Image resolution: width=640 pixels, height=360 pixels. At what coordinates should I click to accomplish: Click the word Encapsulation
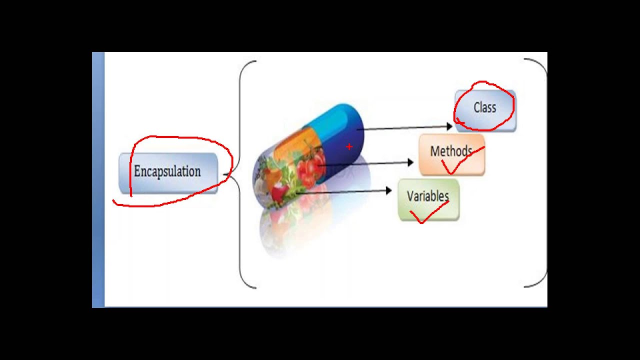coord(167,171)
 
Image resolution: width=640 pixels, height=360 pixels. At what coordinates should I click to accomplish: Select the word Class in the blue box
coord(484,107)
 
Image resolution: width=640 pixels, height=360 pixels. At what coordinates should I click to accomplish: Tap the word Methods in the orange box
coord(450,151)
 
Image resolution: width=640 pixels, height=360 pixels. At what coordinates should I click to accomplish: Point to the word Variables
coord(427,196)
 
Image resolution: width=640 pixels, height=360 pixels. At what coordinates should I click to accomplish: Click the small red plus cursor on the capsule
coord(349,147)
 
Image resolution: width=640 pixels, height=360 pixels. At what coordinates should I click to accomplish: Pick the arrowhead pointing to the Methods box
coord(410,162)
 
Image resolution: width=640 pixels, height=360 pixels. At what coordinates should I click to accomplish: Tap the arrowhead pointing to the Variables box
coord(388,190)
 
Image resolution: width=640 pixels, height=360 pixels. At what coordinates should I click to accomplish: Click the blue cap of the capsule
coord(345,125)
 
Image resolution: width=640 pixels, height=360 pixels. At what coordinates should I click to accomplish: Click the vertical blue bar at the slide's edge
coord(98,180)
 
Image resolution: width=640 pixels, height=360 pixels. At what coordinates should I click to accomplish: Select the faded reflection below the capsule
coord(300,225)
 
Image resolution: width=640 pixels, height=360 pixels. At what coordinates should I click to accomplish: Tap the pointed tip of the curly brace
coord(230,174)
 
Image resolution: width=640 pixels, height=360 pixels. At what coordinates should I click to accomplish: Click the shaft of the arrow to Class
coord(400,128)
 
